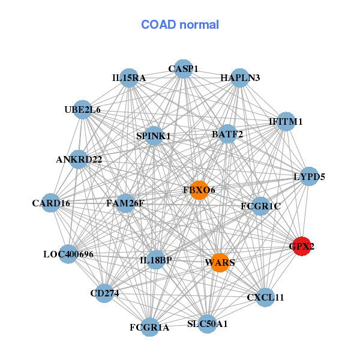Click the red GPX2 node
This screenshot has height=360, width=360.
[x=301, y=246]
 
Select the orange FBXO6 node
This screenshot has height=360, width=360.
[x=199, y=190]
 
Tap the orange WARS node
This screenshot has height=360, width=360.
[x=220, y=262]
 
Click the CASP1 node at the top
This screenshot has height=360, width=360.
[x=183, y=69]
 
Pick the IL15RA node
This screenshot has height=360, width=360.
[x=129, y=78]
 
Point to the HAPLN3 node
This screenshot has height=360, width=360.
[x=240, y=78]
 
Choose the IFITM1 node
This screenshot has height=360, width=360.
[x=286, y=121]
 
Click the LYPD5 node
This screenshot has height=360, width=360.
[x=309, y=176]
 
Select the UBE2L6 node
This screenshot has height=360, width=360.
[x=83, y=110]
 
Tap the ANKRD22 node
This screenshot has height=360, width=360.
[x=79, y=159]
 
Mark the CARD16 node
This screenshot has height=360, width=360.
[x=52, y=203]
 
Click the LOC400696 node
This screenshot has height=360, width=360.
[x=68, y=254]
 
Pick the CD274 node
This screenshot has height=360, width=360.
[x=104, y=293]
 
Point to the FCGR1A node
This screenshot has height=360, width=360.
[x=149, y=327]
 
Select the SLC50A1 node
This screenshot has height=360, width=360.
[x=207, y=323]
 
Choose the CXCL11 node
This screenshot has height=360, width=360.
[x=265, y=297]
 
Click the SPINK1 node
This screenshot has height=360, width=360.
[x=154, y=136]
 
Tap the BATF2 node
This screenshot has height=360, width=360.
[x=227, y=134]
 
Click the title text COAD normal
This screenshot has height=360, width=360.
[x=180, y=25]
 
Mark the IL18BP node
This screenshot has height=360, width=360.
[x=155, y=259]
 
